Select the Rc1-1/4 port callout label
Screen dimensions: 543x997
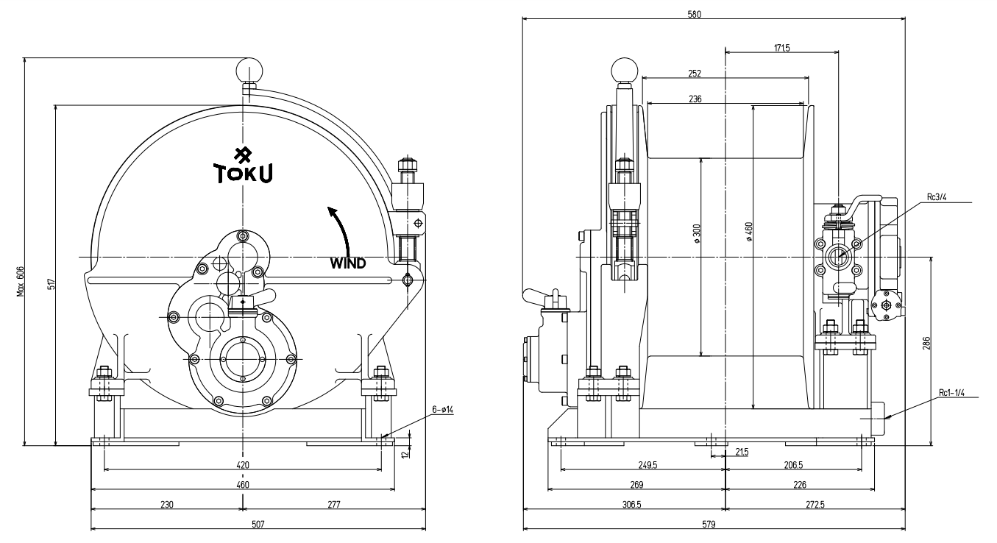[954, 393]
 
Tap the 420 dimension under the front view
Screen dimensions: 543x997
[243, 464]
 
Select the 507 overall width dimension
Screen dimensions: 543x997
[258, 524]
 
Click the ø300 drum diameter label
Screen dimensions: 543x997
[695, 233]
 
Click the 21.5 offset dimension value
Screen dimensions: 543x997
[742, 452]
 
